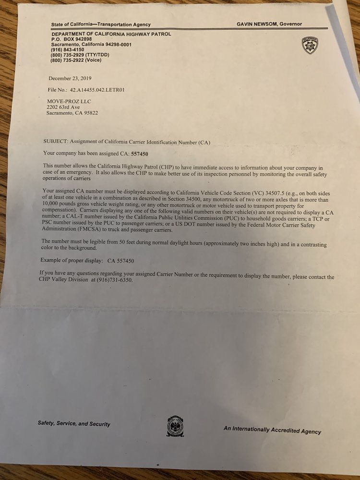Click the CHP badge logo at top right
point(309,45)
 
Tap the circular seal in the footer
point(175,426)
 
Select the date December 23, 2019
point(70,78)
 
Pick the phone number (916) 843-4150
point(67,49)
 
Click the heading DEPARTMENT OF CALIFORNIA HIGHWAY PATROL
point(111,34)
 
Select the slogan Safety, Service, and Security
point(74,424)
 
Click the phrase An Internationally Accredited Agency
point(272,430)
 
